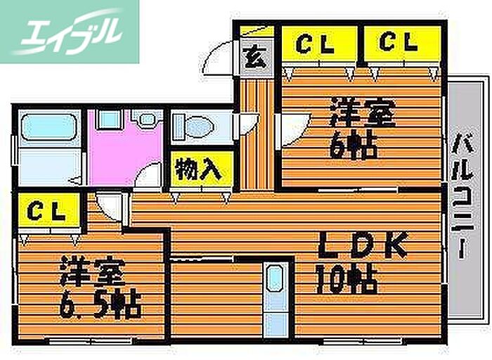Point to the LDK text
364,245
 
